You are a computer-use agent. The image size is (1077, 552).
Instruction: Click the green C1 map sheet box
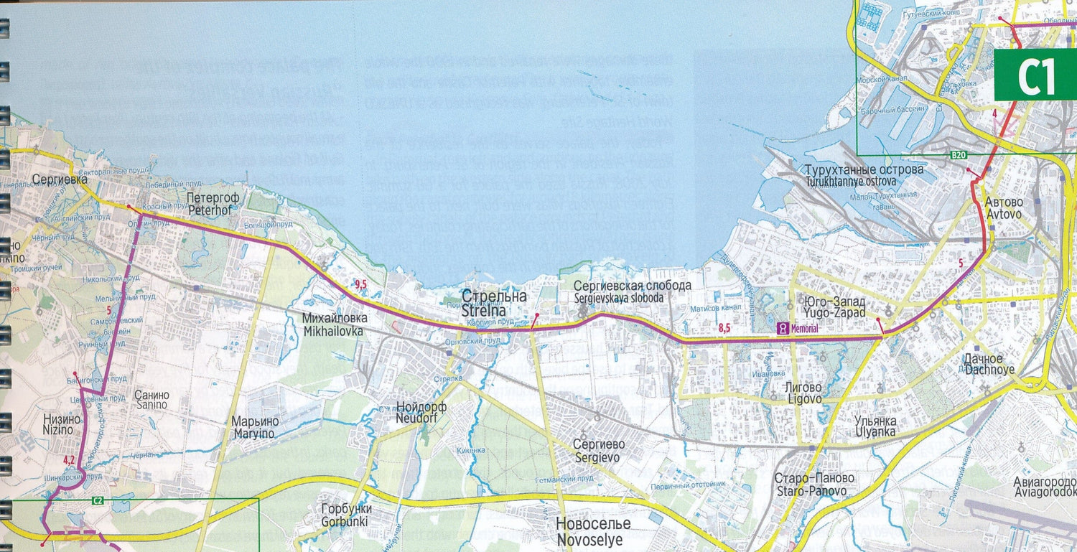[1035, 76]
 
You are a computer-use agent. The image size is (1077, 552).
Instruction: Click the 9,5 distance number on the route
[360, 285]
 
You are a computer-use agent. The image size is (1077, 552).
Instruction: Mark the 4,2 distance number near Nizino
[69, 459]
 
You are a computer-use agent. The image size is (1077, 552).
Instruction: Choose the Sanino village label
[151, 400]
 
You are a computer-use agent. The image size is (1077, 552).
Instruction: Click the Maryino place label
[254, 427]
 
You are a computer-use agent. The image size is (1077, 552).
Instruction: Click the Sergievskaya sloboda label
[633, 291]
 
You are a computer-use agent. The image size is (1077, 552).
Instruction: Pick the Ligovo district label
[803, 393]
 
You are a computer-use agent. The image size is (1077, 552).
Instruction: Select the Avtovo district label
[1004, 207]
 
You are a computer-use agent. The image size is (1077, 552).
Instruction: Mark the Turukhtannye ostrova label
[864, 176]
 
